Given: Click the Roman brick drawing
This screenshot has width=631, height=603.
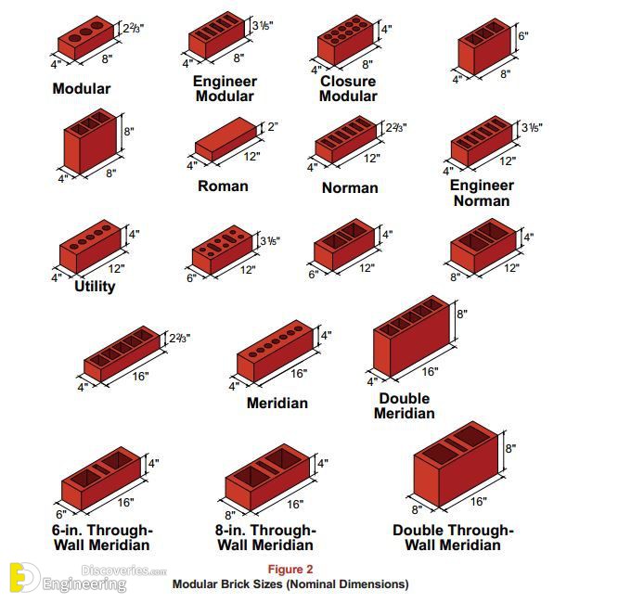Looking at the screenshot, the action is [x=226, y=139].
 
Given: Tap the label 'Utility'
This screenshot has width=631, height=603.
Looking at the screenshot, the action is [x=95, y=287].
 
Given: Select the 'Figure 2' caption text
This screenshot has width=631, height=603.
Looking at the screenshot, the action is [x=290, y=570].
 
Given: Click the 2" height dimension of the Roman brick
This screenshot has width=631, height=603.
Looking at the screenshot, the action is [x=273, y=126].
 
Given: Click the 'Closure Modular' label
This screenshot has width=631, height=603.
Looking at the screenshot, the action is [x=348, y=88].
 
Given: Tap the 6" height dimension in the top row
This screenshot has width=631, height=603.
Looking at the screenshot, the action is [x=522, y=36].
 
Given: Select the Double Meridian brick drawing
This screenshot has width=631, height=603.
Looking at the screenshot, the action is [x=412, y=337].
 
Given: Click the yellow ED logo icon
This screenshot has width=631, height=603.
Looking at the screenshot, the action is [x=24, y=578].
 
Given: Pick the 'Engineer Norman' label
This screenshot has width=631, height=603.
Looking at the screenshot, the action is [x=482, y=193].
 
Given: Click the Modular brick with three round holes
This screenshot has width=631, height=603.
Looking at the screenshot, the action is [x=85, y=38].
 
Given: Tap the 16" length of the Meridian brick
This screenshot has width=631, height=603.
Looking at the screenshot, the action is [x=299, y=374].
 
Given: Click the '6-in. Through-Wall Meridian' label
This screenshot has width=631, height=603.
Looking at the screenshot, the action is [x=102, y=537].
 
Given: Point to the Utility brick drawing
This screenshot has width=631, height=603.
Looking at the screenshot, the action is [x=90, y=246].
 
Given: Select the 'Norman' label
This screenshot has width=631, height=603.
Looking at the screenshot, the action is [x=350, y=188].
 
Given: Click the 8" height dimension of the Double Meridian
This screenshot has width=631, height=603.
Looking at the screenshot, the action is [x=462, y=314].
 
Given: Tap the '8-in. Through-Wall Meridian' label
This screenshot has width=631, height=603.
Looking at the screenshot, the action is [x=265, y=537].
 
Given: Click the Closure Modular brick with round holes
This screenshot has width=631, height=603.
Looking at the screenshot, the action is [x=346, y=40].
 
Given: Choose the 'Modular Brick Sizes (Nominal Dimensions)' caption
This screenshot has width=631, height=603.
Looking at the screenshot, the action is [x=290, y=584].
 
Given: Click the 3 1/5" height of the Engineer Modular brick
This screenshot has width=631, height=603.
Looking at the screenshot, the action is [x=263, y=25].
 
